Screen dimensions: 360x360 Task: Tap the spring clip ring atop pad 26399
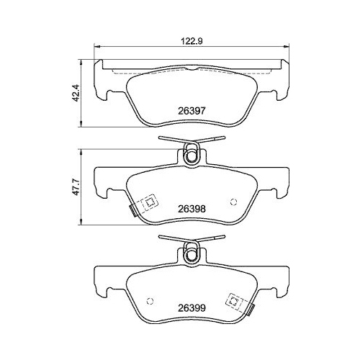point(192,251)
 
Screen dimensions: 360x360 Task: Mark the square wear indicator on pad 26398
point(149,203)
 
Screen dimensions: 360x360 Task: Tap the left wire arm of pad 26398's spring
point(170,140)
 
